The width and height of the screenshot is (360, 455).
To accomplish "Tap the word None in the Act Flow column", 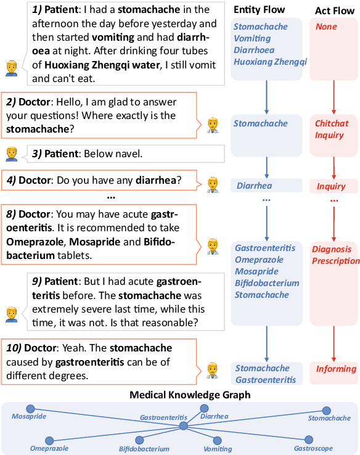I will [x=326, y=27].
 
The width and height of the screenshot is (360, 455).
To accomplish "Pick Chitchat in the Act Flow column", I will [x=332, y=123].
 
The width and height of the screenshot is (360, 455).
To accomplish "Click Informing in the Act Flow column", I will [x=336, y=369].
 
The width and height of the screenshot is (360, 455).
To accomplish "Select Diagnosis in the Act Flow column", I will [x=332, y=249].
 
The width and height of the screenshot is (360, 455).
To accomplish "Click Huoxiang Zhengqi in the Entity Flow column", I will [x=270, y=62].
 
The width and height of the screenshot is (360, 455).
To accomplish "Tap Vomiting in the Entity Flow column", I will [x=252, y=39].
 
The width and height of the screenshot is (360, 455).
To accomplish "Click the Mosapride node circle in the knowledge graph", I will [x=31, y=409].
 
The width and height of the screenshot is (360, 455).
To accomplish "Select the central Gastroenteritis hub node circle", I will [x=183, y=425].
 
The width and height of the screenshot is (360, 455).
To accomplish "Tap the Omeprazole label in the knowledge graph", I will [x=49, y=448].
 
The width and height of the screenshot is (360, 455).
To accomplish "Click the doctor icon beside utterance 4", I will [x=213, y=183].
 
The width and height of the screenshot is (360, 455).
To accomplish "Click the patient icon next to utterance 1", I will [x=11, y=68].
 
